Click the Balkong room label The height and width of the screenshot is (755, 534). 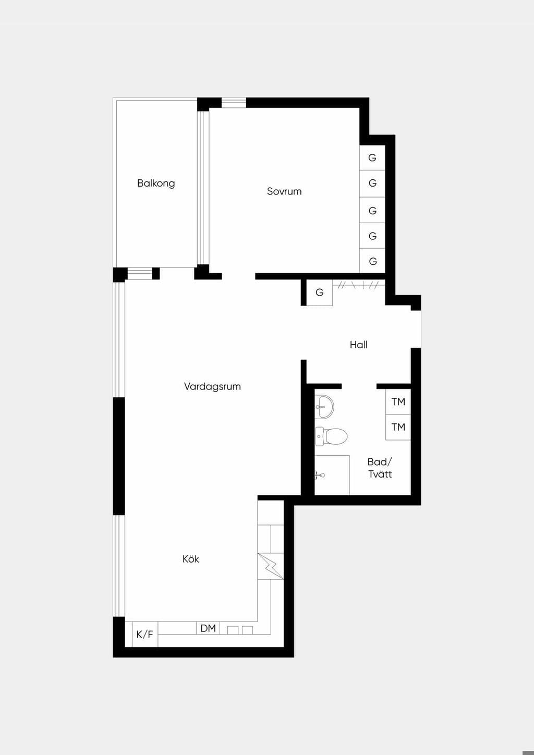pyautogui.click(x=156, y=184)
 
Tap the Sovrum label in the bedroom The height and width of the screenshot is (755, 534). pyautogui.click(x=284, y=191)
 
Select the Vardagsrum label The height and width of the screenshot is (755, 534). pyautogui.click(x=212, y=386)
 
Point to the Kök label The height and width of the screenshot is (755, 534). pyautogui.click(x=191, y=559)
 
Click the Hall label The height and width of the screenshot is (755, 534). pyautogui.click(x=358, y=345)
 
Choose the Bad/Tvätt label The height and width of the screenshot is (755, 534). pyautogui.click(x=380, y=468)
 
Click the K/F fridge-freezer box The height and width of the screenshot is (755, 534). pyautogui.click(x=144, y=634)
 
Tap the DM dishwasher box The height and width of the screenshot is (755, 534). pyautogui.click(x=208, y=628)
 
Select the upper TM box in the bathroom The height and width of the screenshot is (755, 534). pyautogui.click(x=398, y=401)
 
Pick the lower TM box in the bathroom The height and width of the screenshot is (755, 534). pyautogui.click(x=398, y=427)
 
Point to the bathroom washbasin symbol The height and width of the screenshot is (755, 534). pyautogui.click(x=324, y=407)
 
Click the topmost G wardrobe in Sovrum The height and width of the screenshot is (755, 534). pyautogui.click(x=372, y=157)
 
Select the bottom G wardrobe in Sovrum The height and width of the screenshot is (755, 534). pyautogui.click(x=372, y=261)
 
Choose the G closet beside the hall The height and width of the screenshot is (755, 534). pyautogui.click(x=319, y=292)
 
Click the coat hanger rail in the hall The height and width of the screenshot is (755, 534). pyautogui.click(x=359, y=285)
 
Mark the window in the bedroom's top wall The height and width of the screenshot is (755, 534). pyautogui.click(x=234, y=103)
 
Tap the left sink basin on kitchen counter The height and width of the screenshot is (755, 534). pyautogui.click(x=232, y=630)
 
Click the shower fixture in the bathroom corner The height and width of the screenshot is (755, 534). pyautogui.click(x=320, y=475)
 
